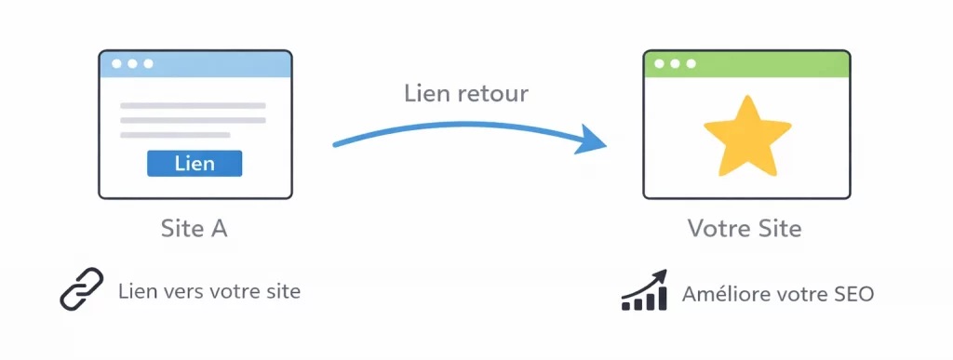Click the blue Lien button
(195, 164)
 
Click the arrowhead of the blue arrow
(593, 142)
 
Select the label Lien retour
(466, 94)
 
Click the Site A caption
(195, 228)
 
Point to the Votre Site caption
(745, 228)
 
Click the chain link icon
(82, 290)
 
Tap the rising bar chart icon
(645, 290)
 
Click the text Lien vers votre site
(209, 291)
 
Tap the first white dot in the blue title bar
(116, 64)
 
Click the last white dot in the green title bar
(690, 64)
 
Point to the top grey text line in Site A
(193, 105)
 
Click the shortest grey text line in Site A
(175, 135)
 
